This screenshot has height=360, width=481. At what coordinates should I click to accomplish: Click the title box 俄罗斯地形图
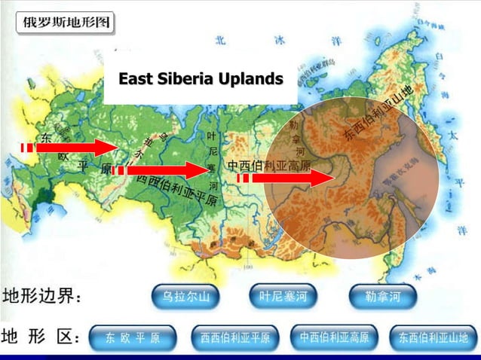point(64,22)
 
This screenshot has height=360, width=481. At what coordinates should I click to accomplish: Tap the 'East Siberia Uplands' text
point(201,78)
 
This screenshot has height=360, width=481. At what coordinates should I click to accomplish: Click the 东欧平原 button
point(133,337)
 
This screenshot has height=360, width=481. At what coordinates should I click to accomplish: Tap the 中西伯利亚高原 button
point(334,337)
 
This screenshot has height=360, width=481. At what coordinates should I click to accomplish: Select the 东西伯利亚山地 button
point(433,337)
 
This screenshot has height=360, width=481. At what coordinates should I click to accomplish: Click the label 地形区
point(41,336)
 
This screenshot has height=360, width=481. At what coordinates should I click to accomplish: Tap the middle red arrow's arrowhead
point(198,170)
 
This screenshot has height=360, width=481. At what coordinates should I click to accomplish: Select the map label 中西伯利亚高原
point(268,164)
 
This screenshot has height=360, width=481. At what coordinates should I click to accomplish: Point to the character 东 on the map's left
point(46,137)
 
